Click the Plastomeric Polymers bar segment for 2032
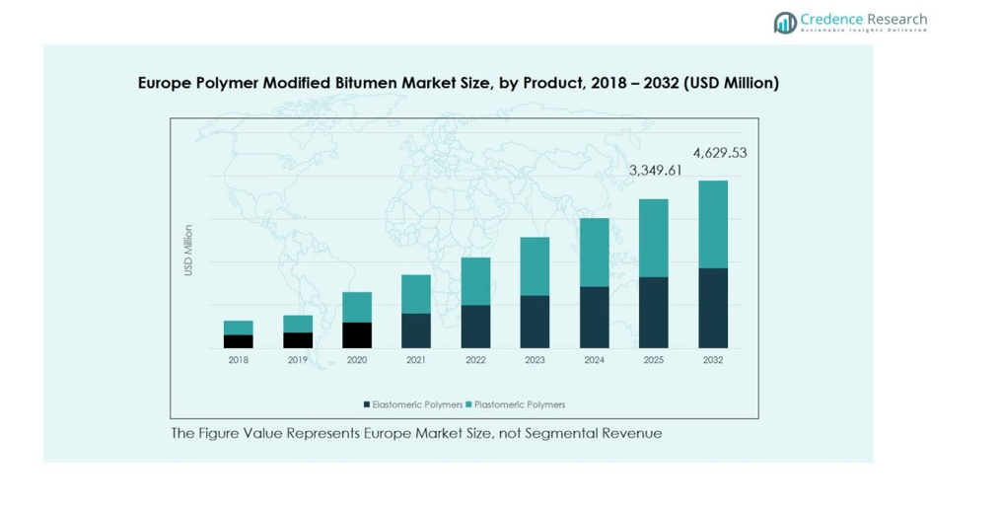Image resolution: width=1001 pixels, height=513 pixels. click(x=713, y=224)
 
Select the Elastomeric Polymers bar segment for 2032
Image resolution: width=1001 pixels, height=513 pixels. click(x=713, y=308)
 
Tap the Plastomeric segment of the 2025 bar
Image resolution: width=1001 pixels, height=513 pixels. click(x=654, y=238)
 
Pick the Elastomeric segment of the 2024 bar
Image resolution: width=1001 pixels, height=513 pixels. click(x=594, y=317)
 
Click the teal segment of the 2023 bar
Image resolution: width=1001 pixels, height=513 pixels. click(x=535, y=266)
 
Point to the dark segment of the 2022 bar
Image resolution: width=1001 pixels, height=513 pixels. click(x=475, y=327)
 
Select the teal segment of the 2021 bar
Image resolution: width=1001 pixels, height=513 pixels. click(x=416, y=294)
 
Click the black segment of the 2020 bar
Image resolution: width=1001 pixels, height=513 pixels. click(x=357, y=335)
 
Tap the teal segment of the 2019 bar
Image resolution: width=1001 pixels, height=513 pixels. click(x=298, y=324)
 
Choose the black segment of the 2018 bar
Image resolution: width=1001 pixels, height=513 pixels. click(x=239, y=341)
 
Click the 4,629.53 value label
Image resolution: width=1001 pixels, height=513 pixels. click(x=720, y=153)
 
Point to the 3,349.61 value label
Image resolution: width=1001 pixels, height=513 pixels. click(x=656, y=171)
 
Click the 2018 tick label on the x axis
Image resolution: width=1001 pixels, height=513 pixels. click(x=239, y=360)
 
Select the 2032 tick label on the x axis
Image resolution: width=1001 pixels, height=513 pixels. click(x=713, y=360)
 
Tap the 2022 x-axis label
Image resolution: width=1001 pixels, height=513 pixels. click(x=475, y=360)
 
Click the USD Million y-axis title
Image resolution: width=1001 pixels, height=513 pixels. click(x=188, y=251)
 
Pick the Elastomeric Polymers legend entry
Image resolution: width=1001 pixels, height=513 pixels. click(x=413, y=404)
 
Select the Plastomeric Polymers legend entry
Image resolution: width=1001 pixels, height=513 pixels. click(x=516, y=404)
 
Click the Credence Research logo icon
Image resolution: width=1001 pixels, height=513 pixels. click(x=785, y=23)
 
